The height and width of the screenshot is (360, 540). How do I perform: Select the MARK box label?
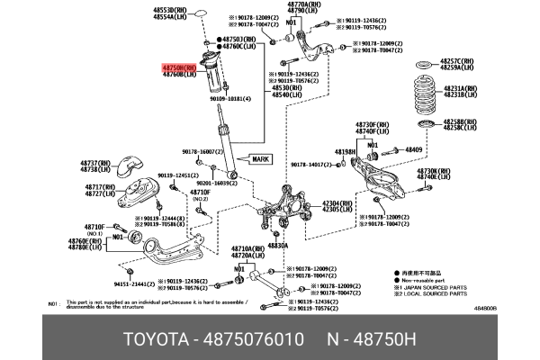[259, 158]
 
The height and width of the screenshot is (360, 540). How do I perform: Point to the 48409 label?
[413, 148]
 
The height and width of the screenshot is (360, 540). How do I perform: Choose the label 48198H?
[346, 152]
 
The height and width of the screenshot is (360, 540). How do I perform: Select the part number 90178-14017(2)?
[312, 165]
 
